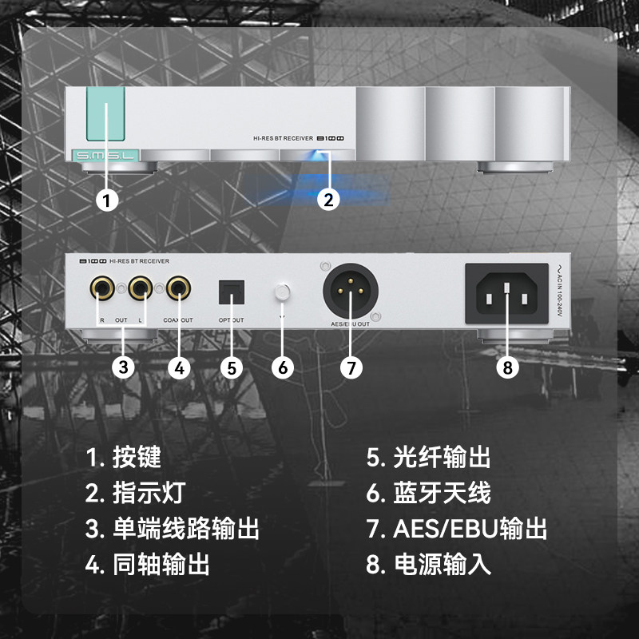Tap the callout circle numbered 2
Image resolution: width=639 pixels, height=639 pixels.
(328, 198)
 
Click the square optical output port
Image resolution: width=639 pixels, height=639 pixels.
(232, 292)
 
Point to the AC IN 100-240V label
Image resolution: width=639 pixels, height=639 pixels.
(560, 294)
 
